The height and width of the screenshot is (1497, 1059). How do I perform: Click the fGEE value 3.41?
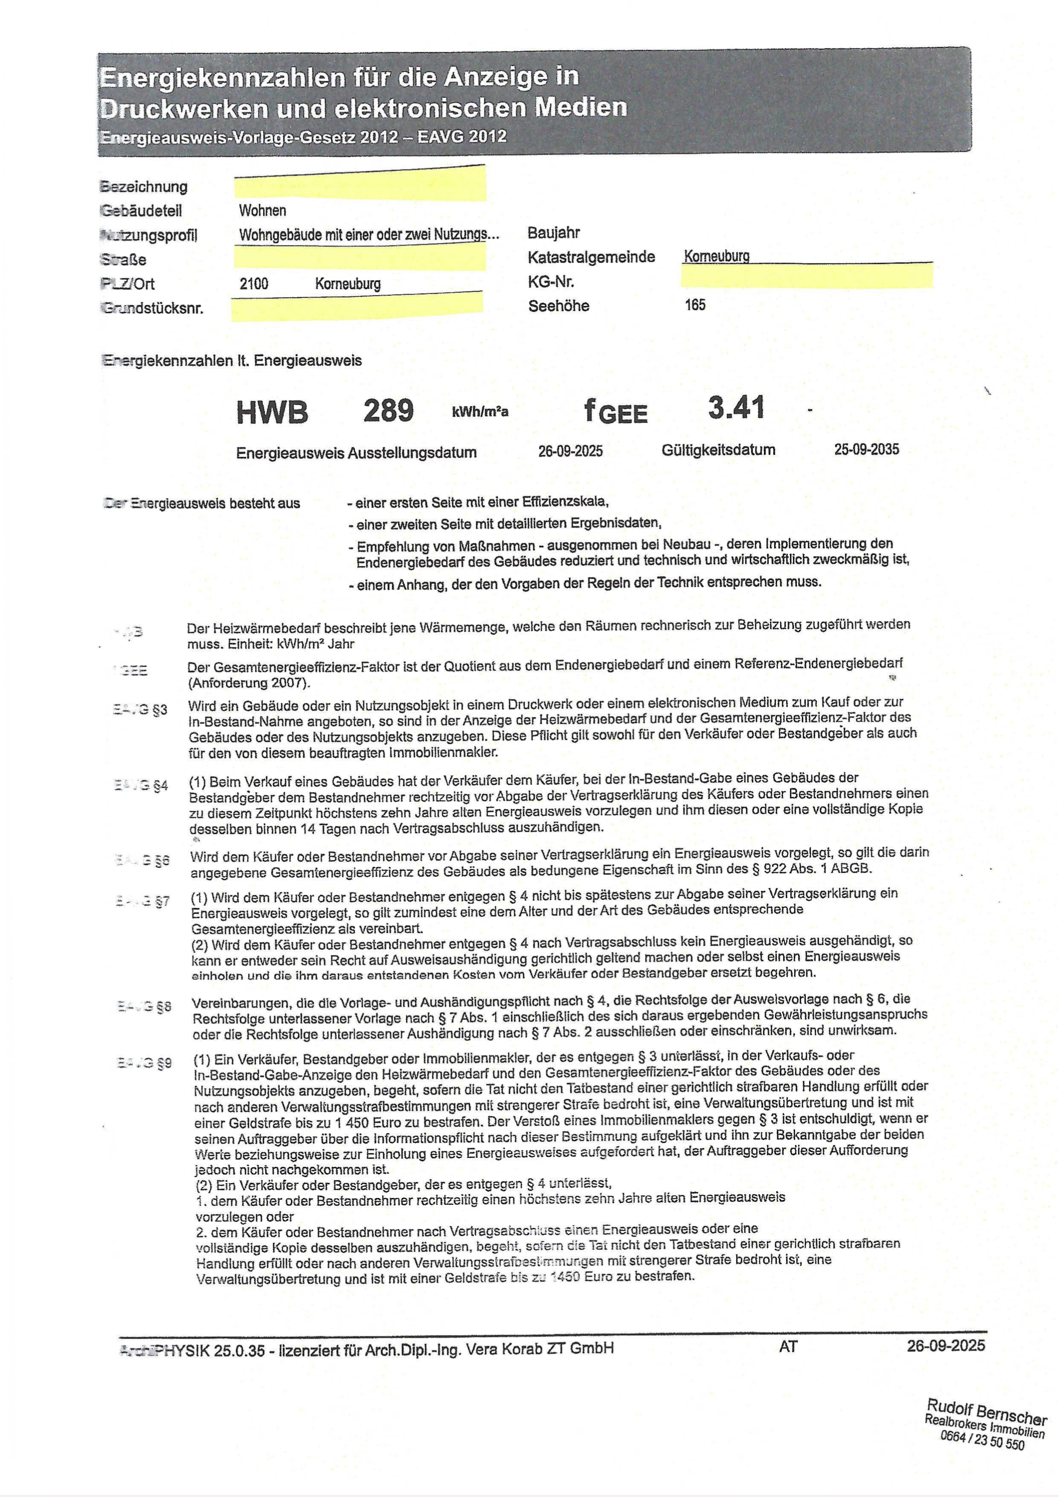tap(736, 408)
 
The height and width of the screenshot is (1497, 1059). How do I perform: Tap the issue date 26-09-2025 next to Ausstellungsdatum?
tap(570, 451)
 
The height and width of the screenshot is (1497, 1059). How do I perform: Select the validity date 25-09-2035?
tap(866, 449)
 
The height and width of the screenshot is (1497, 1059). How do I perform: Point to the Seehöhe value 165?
tap(695, 305)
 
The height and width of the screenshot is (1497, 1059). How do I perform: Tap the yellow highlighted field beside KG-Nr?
tap(807, 276)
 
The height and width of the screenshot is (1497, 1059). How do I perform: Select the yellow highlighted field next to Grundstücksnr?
tap(357, 306)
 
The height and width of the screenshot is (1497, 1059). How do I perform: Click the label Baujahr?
tap(553, 233)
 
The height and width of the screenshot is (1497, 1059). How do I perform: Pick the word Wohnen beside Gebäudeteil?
tap(262, 210)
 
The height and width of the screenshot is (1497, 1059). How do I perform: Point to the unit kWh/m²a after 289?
tap(479, 412)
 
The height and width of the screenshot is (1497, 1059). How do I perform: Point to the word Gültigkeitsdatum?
tap(718, 450)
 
